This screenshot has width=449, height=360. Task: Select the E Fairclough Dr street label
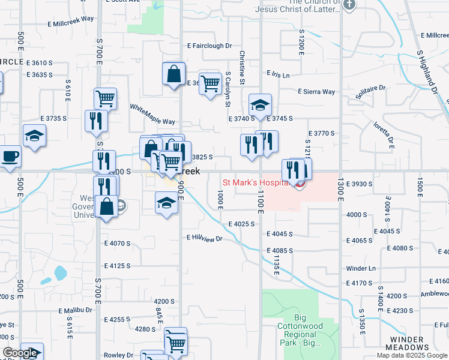209,46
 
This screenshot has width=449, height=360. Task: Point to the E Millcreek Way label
71,19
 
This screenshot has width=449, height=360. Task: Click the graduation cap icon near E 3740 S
260,106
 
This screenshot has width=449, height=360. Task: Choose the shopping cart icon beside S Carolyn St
209,84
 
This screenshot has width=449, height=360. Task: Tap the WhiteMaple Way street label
152,113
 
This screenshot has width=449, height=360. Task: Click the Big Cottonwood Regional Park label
309,331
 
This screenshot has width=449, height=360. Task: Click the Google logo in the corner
20,353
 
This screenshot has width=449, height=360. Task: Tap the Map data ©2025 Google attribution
411,355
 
